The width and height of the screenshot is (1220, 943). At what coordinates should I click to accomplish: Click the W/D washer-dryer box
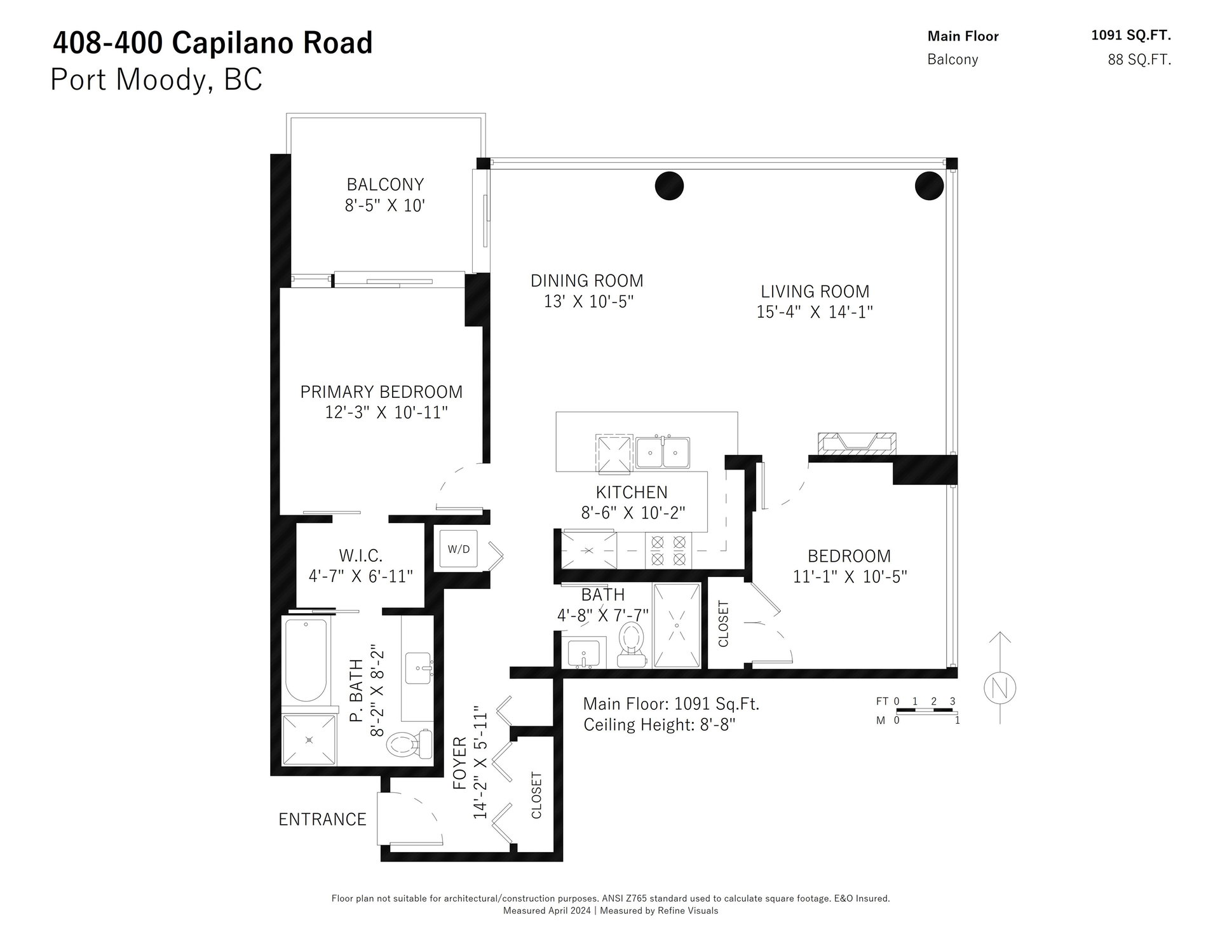point(459,548)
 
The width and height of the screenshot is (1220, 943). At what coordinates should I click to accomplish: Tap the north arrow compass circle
point(1000,688)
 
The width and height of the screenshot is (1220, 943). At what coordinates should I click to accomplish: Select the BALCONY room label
point(385,184)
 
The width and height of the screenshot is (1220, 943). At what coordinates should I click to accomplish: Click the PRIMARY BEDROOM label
point(381,391)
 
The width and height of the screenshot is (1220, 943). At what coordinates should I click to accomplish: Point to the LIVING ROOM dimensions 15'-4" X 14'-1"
point(815,312)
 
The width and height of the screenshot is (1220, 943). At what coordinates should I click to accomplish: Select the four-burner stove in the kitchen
point(668,550)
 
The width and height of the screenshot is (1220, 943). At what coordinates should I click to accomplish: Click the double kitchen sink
point(663,452)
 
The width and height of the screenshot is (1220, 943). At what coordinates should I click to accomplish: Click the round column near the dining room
point(669,186)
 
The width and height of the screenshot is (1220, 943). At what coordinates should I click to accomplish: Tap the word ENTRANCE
point(322,820)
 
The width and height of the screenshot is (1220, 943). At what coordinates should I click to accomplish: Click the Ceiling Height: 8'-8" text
point(660,724)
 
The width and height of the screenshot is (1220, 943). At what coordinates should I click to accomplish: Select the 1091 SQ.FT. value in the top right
point(1131,36)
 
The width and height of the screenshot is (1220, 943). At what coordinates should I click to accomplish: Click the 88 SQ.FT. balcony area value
point(1139,60)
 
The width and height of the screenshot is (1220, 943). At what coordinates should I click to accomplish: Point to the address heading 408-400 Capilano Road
point(212,43)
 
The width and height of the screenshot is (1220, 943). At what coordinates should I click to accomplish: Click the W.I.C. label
point(361,556)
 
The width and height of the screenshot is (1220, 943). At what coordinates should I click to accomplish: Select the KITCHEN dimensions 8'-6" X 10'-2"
point(633,513)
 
